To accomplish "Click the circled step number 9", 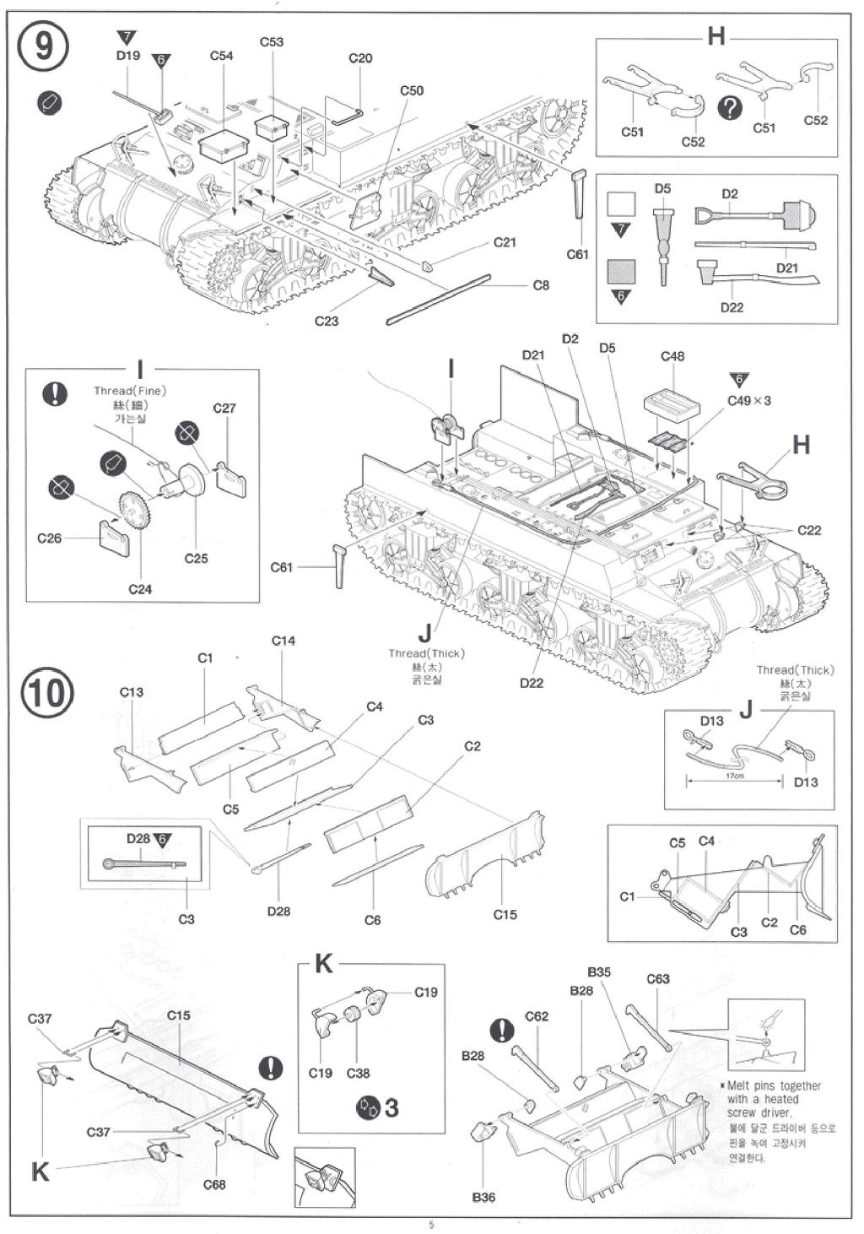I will pos(42,46).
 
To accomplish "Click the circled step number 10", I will pos(47,692).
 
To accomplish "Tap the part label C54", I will pos(221,56).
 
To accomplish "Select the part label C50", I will pos(412,90).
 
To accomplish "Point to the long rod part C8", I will pos(439,299).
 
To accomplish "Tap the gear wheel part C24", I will pos(135,511).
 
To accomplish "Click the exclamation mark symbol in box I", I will pos(55,393).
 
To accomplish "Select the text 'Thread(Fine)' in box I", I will pos(130,391).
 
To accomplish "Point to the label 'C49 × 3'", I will pos(749,400).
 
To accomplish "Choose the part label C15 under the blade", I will pos(505,914).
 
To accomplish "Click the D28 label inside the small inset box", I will pos(138,838).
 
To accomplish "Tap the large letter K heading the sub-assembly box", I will pos(324,964).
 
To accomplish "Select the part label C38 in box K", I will pos(358,1073).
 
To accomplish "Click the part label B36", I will pos(483,1197).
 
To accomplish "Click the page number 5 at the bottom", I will pos(431,1225).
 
